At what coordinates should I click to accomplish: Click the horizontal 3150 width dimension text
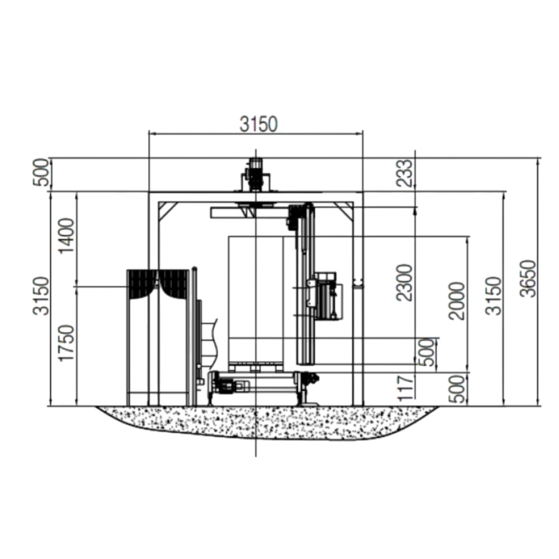click(258, 124)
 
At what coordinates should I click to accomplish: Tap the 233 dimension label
click(405, 173)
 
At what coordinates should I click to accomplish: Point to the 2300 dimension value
click(405, 283)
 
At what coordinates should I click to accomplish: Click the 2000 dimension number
click(457, 301)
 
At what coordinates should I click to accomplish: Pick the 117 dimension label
click(406, 388)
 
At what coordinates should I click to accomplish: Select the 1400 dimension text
click(67, 236)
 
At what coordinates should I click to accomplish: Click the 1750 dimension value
click(67, 343)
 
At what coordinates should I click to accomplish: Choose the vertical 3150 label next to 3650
click(494, 296)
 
